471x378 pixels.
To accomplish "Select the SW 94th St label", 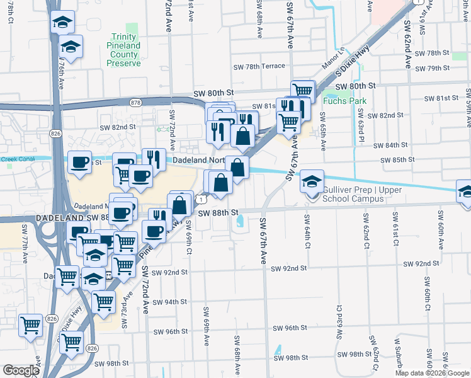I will [x=171, y=302].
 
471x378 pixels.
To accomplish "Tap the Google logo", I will [x=21, y=370].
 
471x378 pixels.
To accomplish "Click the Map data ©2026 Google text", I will [x=431, y=373].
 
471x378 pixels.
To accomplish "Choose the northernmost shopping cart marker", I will [x=303, y=91].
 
